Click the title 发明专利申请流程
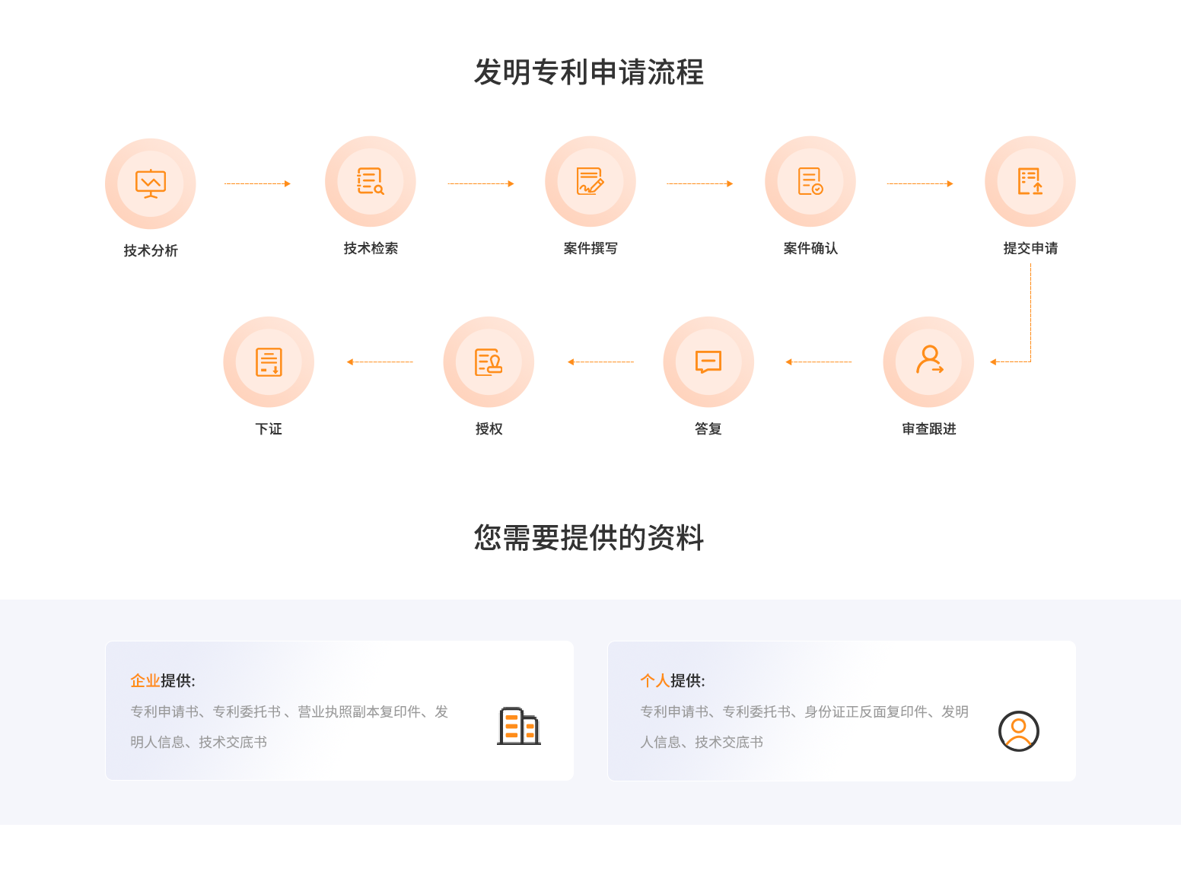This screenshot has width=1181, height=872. pos(589,72)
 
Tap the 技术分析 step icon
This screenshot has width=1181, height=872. pos(151,184)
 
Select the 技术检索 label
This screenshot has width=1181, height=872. pos(371,248)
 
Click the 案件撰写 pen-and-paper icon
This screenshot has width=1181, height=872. pos(590,181)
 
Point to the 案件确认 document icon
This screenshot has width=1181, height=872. pos(810,181)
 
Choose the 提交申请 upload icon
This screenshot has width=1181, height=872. pos(1030,181)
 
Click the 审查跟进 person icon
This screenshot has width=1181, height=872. pos(929,360)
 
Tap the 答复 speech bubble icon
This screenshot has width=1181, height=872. pos(708,361)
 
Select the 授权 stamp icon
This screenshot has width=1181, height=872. pos(489,362)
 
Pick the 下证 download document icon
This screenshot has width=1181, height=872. pos(269,362)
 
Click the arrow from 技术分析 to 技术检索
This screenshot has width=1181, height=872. pos(257,184)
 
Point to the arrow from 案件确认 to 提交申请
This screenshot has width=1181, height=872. pos(919,184)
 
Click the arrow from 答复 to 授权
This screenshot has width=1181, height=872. pos(600,361)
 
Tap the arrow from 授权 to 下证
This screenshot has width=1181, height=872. pos(380,361)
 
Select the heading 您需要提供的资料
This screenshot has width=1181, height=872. pos(589,537)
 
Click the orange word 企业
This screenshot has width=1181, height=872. pos(145,680)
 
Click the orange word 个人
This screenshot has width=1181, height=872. pos(655,680)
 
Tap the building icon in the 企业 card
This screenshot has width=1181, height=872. pos(519,726)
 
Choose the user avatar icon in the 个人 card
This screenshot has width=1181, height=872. pos(1018,730)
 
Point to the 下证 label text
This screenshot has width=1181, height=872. pos(269,429)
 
